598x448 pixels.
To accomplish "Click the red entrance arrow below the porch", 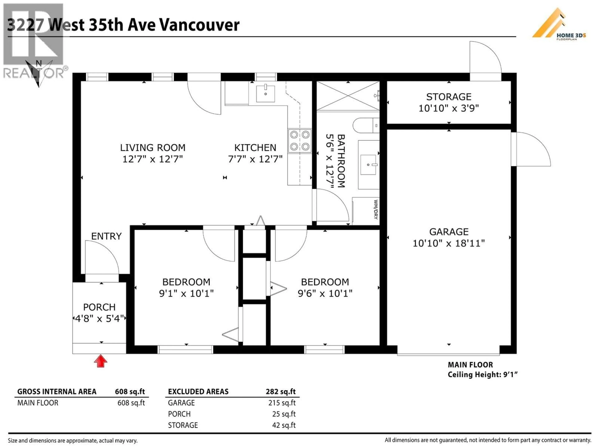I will (x=101, y=361).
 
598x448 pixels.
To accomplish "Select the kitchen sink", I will (x=266, y=94).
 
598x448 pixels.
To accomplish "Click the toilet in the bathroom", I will (x=365, y=125).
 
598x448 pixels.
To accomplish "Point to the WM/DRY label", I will (x=375, y=209).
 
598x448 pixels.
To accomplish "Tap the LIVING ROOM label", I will (x=153, y=148).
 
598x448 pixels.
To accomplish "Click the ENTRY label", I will (x=106, y=236).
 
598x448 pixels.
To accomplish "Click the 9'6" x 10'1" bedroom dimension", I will (x=325, y=293).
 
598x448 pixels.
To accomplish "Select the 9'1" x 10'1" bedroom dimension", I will (x=186, y=293).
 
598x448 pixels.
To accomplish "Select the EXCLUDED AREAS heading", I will (x=198, y=392).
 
